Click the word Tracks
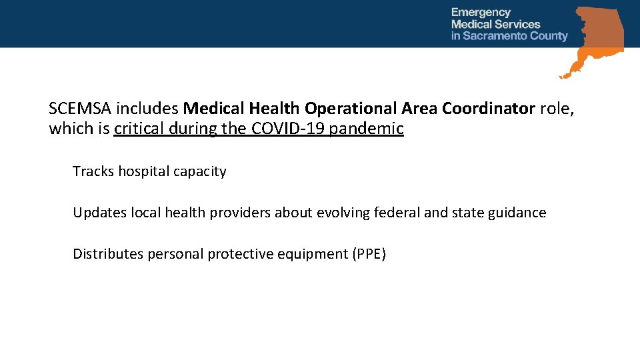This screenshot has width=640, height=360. [x=93, y=171]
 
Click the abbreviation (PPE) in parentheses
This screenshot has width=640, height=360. [x=369, y=254]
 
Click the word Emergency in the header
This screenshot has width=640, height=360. [x=481, y=12]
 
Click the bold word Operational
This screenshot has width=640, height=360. [x=350, y=109]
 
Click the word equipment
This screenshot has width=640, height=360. [x=315, y=255]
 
